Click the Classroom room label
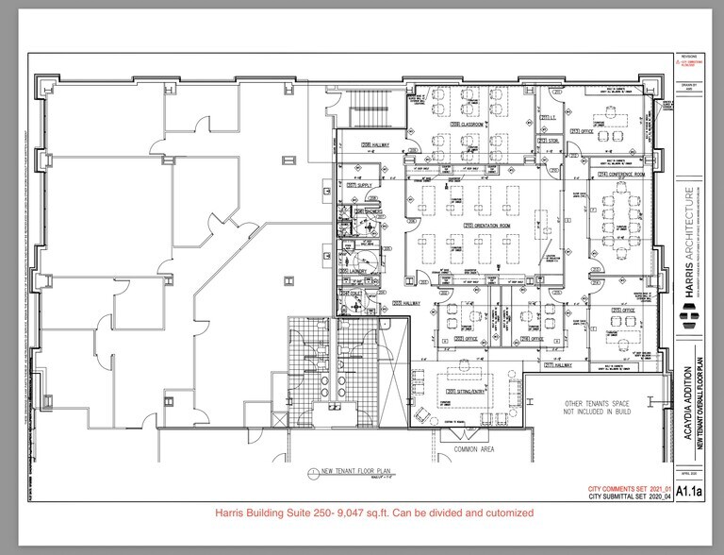[x=468, y=125]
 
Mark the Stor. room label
[x=549, y=141]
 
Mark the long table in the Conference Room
[x=622, y=222]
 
